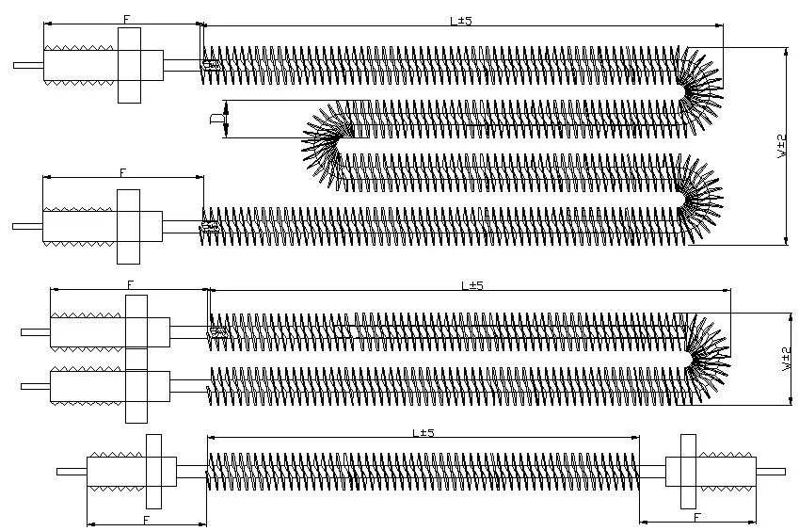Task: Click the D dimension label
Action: [x=215, y=118]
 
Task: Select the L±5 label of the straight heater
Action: [x=423, y=432]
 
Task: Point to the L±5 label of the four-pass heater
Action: [x=460, y=20]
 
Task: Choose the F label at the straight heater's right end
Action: [x=697, y=518]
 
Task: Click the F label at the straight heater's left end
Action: [x=147, y=519]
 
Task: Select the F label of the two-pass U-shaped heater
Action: [x=130, y=283]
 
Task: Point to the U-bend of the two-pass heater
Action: [x=705, y=357]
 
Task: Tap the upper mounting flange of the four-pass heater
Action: [x=129, y=65]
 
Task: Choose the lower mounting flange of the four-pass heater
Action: [x=129, y=226]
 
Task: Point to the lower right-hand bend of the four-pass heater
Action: [x=702, y=196]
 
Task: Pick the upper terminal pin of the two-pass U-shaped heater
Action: [x=35, y=331]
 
